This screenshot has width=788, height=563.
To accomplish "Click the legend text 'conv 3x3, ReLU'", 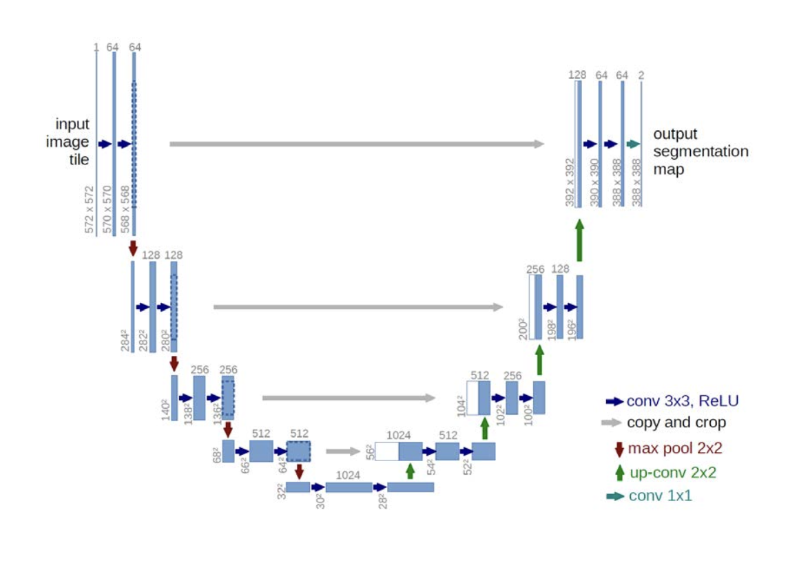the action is (683, 401).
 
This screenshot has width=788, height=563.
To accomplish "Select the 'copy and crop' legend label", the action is (676, 423).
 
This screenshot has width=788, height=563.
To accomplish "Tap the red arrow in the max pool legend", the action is (619, 449).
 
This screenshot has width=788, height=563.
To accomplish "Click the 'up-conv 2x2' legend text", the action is (673, 472).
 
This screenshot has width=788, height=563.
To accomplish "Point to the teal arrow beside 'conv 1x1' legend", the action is (615, 496).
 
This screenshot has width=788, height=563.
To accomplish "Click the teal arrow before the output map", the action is (633, 144).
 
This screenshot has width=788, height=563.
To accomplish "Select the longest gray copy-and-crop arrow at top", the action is (357, 144).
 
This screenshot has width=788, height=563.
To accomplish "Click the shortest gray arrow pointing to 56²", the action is (343, 451).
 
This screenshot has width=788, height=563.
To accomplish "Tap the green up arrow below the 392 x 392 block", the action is (579, 240).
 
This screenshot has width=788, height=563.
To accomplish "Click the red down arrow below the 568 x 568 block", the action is (133, 248).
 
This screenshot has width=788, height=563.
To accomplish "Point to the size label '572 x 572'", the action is (90, 209).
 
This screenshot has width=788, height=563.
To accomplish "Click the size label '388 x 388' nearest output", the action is (636, 182).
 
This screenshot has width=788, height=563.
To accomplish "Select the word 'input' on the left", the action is (72, 124).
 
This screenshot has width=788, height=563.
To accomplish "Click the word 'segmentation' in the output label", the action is (701, 151).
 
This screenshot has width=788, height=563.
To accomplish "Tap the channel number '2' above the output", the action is (641, 75).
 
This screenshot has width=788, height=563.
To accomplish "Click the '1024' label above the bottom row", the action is (348, 475).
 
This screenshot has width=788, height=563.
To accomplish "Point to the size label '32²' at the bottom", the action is (281, 491).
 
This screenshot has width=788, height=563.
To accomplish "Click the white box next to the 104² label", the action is (473, 398).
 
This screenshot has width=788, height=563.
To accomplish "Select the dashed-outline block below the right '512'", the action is (298, 452).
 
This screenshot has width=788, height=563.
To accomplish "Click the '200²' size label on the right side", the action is (523, 329).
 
